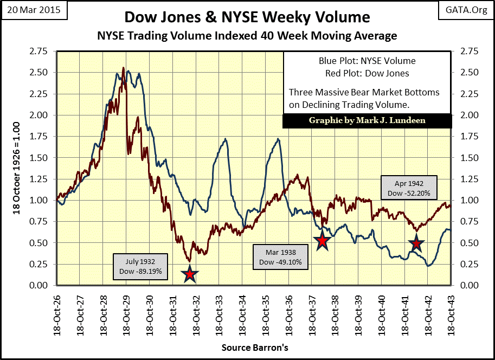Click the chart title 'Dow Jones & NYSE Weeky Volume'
(x=247, y=17)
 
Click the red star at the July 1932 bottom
(x=190, y=274)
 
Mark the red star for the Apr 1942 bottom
(x=416, y=244)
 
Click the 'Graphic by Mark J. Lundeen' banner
(x=367, y=120)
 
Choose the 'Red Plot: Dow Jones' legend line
(x=367, y=73)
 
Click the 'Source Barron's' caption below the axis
(x=254, y=346)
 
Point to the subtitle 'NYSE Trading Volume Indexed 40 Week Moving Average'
(x=247, y=36)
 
